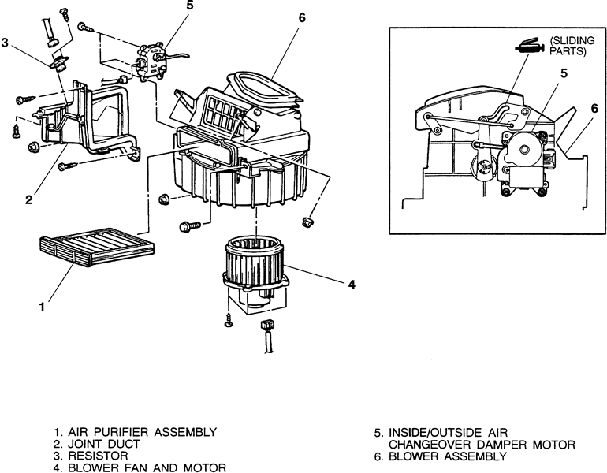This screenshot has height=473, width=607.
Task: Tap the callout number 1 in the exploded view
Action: point(41,307)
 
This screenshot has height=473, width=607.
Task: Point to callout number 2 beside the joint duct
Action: point(28,199)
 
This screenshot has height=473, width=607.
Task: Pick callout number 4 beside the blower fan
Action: point(351,284)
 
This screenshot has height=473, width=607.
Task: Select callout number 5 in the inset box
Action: point(564,74)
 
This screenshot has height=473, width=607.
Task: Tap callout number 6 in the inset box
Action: point(594,109)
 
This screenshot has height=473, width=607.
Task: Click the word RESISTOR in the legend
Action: point(99,456)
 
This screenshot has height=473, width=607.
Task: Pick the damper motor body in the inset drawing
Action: point(524,158)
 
